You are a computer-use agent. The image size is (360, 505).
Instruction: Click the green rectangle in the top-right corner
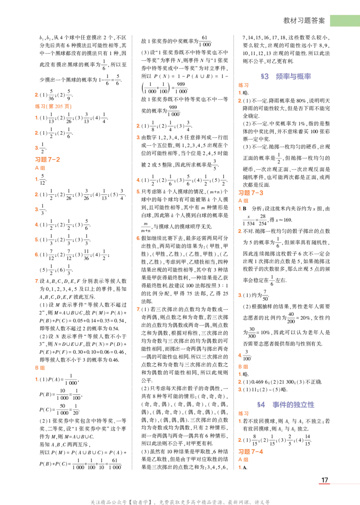point(344,21)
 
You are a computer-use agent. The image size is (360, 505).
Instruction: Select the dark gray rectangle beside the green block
point(304,20)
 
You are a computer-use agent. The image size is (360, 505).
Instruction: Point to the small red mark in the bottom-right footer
point(324,484)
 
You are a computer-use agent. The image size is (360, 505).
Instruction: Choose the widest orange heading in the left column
point(52,107)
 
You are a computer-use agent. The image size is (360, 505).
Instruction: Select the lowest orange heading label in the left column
point(39,367)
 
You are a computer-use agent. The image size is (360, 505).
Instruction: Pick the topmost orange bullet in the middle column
point(137,125)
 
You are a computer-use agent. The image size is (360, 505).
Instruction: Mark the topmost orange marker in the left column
point(36,94)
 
